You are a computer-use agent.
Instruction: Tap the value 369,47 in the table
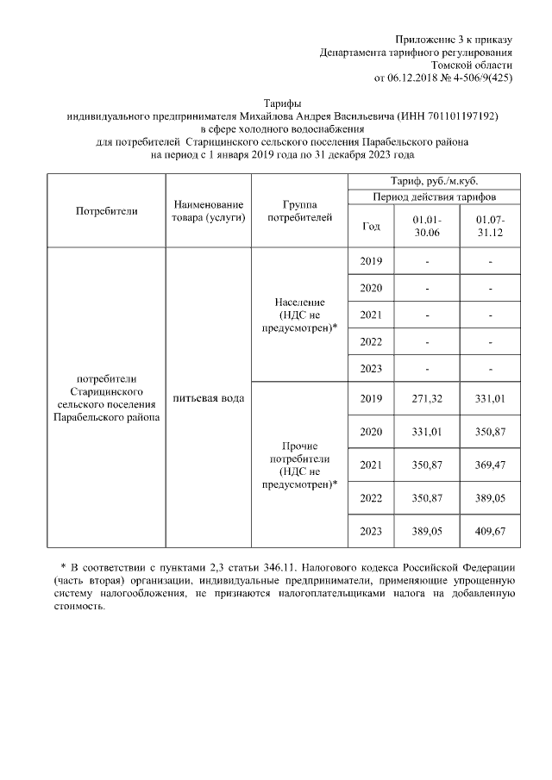tap(489, 465)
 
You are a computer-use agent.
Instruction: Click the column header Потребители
tap(106, 210)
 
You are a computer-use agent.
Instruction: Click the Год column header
tap(371, 227)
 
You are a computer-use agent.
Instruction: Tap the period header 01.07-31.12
tap(489, 227)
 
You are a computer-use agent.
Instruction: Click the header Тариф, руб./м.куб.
tap(434, 181)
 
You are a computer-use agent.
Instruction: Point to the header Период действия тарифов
tap(434, 197)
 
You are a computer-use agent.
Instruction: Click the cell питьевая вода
tap(208, 398)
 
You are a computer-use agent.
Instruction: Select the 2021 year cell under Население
tap(371, 315)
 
